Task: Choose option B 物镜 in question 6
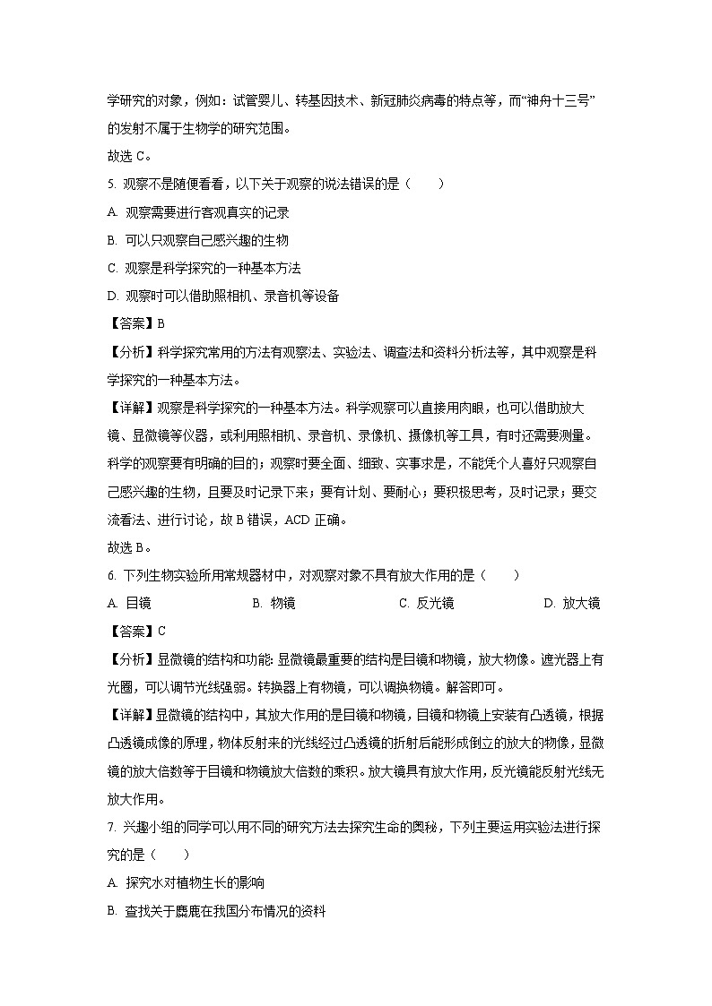coord(274,603)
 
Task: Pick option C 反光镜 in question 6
coord(426,603)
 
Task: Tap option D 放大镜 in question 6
coord(571,603)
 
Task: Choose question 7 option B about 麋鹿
coord(215,911)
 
